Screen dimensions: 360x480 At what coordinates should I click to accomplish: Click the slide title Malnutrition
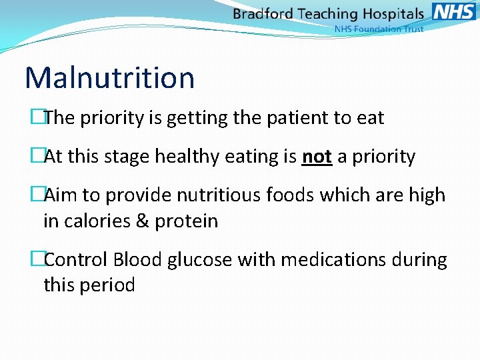pos(109,77)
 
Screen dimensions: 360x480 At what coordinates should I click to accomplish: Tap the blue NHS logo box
pos(453,12)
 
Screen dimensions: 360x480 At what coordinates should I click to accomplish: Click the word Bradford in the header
pos(262,14)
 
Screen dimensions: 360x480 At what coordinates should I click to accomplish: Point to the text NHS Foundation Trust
pos(378,29)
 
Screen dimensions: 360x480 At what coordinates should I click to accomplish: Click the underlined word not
pos(317,157)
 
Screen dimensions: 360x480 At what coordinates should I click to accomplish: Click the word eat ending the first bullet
pos(371,119)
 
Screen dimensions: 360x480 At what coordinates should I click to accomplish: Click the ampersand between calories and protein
pos(142,221)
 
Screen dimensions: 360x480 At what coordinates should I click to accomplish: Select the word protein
pos(186,221)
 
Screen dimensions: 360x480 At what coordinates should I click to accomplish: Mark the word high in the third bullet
pos(427,195)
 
